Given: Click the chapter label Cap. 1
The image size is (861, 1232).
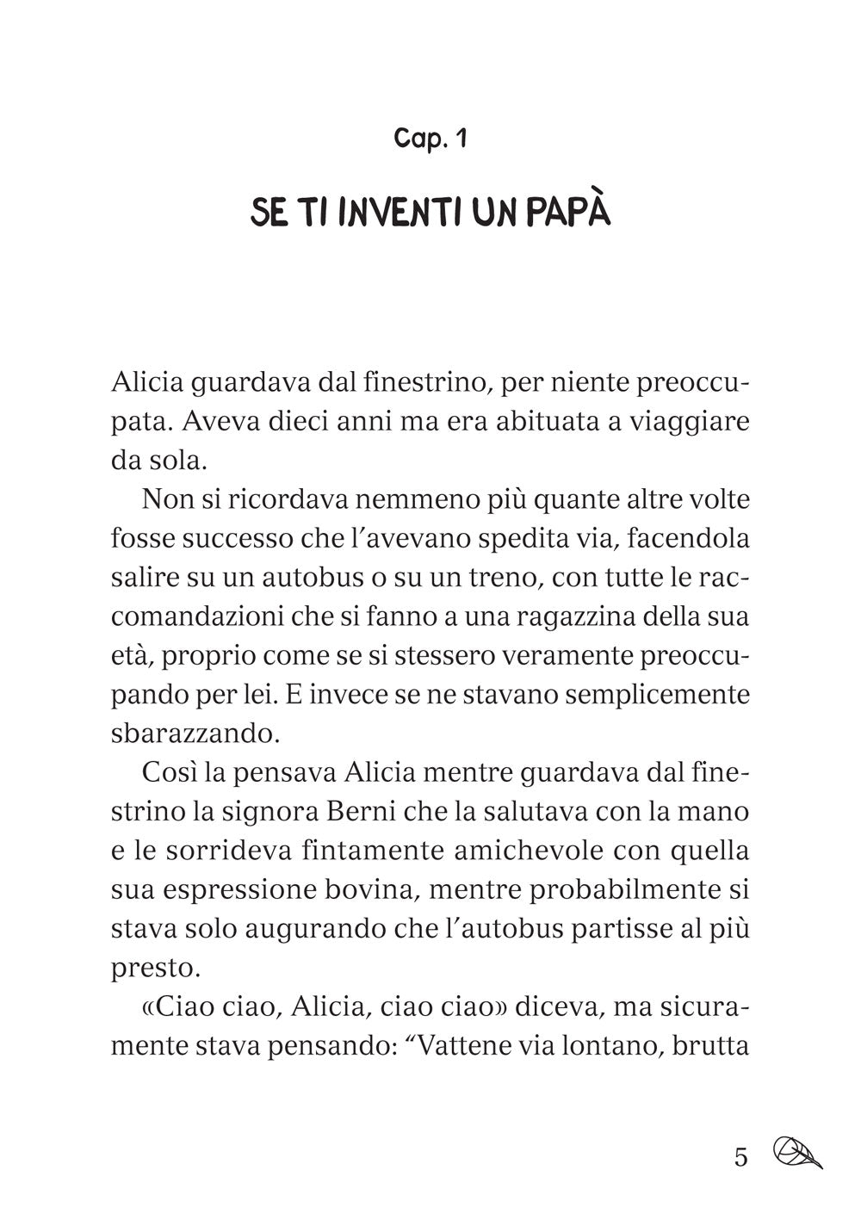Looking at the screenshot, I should pos(430,139).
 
